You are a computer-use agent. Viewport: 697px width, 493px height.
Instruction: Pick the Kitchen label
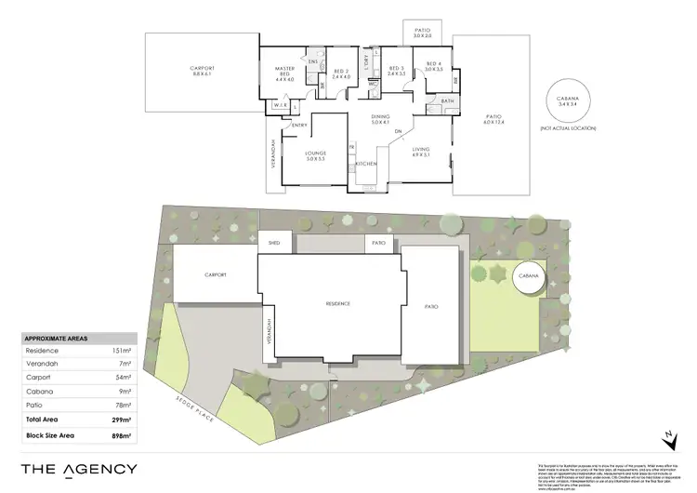point(364,164)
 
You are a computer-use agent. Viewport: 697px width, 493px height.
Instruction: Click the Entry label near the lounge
point(299,126)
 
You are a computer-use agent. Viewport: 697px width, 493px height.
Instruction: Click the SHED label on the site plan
point(274,242)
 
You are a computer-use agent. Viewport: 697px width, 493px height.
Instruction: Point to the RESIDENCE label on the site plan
point(336,304)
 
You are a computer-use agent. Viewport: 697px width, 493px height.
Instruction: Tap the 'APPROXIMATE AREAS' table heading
point(56,339)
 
